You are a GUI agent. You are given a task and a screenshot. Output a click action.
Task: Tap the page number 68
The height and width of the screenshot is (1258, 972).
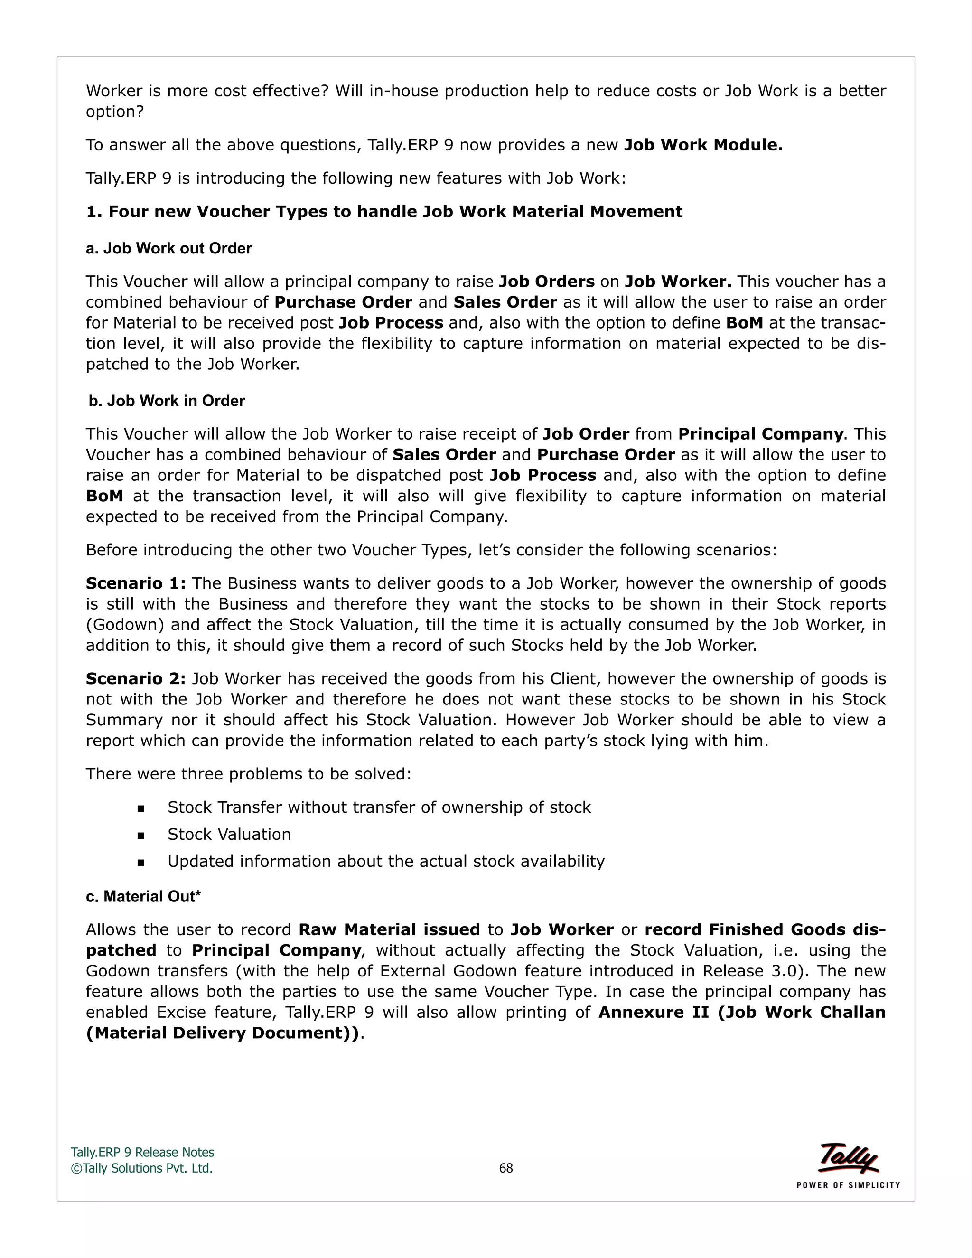[505, 1168]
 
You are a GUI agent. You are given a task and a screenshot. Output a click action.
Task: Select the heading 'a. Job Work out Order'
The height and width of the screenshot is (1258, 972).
[168, 248]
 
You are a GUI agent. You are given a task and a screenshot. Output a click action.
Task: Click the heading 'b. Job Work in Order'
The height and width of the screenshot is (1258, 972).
[167, 401]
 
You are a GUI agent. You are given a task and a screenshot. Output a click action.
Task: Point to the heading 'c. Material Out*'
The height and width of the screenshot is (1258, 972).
[143, 896]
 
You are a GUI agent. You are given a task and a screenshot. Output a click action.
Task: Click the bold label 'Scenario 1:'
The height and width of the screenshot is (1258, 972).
[136, 583]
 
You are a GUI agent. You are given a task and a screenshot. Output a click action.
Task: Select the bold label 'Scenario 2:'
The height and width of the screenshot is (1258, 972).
[136, 678]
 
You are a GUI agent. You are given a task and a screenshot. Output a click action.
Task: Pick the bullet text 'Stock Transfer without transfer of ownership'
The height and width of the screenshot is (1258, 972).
[379, 807]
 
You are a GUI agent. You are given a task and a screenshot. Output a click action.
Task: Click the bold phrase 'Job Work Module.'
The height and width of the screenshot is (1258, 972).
[703, 145]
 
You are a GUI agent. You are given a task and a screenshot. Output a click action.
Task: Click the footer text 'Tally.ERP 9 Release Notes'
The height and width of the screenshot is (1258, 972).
[142, 1152]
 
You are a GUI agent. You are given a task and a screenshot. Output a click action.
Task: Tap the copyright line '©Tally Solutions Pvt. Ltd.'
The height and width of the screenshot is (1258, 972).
[141, 1168]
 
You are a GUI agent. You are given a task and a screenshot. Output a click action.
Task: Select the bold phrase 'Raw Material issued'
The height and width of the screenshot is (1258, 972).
[389, 929]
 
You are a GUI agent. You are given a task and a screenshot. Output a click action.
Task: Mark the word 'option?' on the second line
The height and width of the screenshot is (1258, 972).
[114, 112]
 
